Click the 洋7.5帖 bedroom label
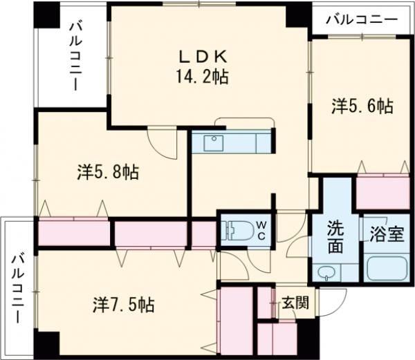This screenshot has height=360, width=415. [123, 304]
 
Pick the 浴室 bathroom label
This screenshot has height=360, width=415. [386, 232]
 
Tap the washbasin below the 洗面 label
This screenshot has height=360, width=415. [326, 272]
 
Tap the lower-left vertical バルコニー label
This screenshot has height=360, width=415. [17, 287]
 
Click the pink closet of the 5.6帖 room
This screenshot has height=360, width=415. [382, 192]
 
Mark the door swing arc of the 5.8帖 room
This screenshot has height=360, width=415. [160, 141]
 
